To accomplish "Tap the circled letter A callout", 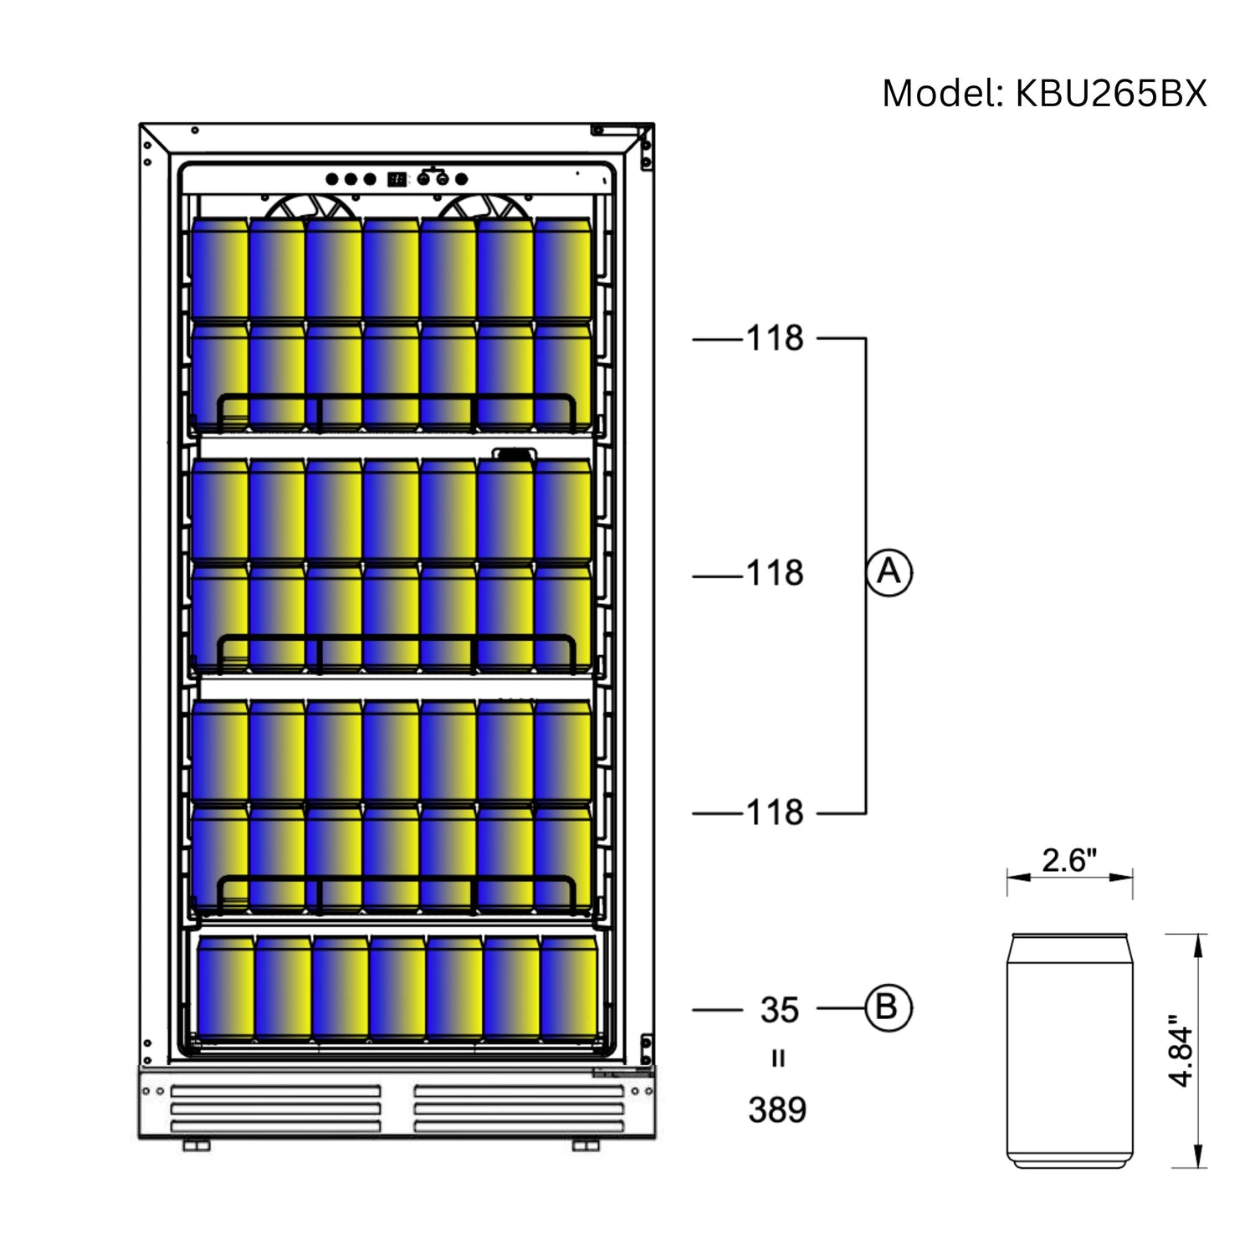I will click(889, 572).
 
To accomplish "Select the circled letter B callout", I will click(888, 1007).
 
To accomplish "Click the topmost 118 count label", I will click(775, 339).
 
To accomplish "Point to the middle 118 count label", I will click(775, 574).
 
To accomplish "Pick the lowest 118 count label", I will click(775, 812).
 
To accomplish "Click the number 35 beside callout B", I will click(779, 1010).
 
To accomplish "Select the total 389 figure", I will click(777, 1110).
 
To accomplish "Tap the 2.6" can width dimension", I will click(1068, 860).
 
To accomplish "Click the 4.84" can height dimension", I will click(1181, 1051).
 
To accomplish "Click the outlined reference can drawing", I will click(1069, 1051).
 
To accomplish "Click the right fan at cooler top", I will click(484, 207).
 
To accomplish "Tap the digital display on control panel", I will click(397, 179).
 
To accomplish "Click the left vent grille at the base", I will click(275, 1109).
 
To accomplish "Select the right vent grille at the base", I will click(519, 1109).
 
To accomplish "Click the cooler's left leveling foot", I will click(196, 1145).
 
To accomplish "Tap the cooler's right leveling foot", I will click(586, 1145).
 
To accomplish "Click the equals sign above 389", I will click(778, 1059).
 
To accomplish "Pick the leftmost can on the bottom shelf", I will click(226, 987).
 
